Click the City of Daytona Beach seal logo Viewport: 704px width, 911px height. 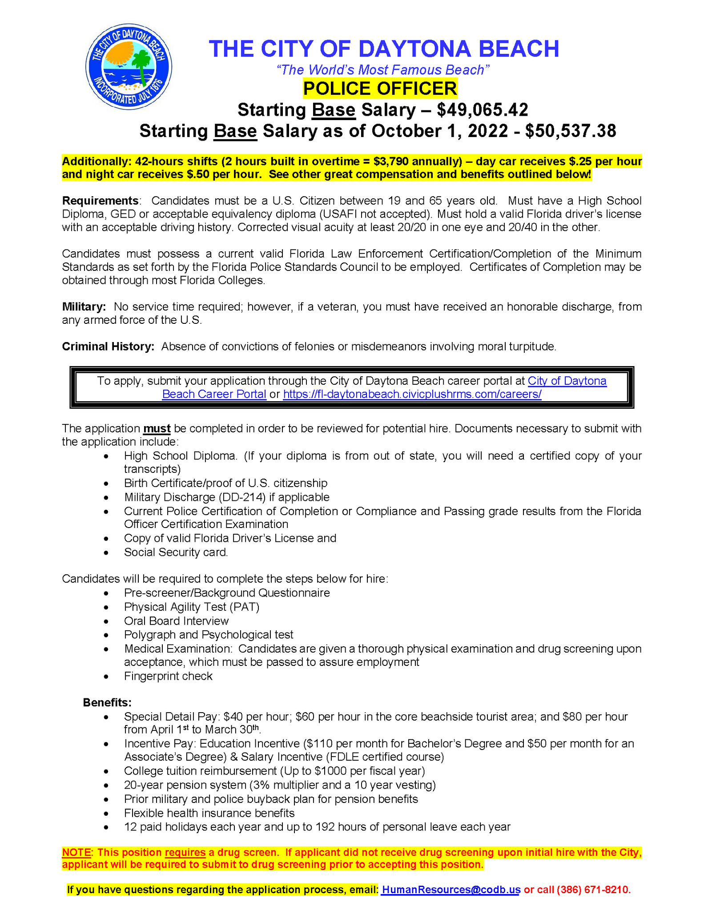[129, 67]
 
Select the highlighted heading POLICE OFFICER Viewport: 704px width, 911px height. [380, 88]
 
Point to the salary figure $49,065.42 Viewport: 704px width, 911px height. [483, 109]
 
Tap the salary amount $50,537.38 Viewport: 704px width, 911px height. [571, 131]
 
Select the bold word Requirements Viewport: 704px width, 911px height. [100, 201]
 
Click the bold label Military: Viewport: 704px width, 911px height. [84, 306]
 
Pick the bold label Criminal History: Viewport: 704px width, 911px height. [108, 347]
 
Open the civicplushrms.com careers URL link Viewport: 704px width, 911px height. [412, 394]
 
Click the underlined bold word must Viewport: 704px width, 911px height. [157, 428]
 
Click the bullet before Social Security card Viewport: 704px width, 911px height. [106, 553]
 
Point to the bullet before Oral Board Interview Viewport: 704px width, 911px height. [106, 621]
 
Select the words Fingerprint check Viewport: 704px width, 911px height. [168, 676]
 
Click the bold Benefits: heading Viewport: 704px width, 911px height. [107, 703]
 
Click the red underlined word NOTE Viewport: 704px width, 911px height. [76, 853]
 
